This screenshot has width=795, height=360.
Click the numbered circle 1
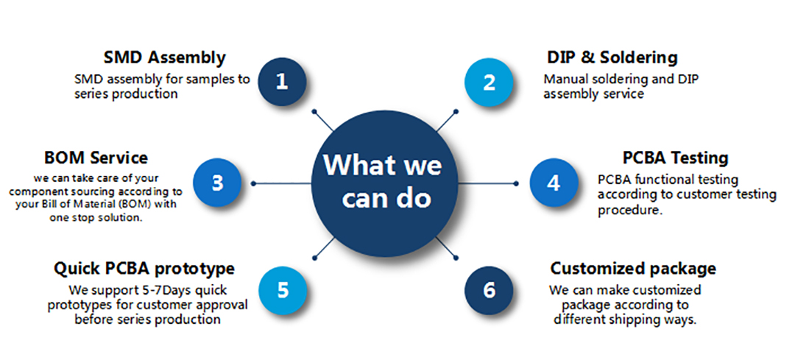[282, 82]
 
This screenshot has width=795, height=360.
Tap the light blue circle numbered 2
[490, 82]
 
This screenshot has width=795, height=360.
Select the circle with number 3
[218, 182]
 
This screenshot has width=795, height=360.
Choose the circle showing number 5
[283, 289]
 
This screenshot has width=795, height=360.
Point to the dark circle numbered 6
[490, 289]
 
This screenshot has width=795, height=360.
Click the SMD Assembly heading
[165, 57]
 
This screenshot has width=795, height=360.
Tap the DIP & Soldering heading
[612, 57]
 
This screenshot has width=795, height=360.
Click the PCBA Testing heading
[675, 158]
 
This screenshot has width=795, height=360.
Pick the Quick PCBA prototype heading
[144, 268]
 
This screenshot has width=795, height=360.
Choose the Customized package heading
[633, 268]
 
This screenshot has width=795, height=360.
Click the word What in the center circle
[359, 165]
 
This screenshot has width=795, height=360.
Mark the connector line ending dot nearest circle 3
[253, 183]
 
